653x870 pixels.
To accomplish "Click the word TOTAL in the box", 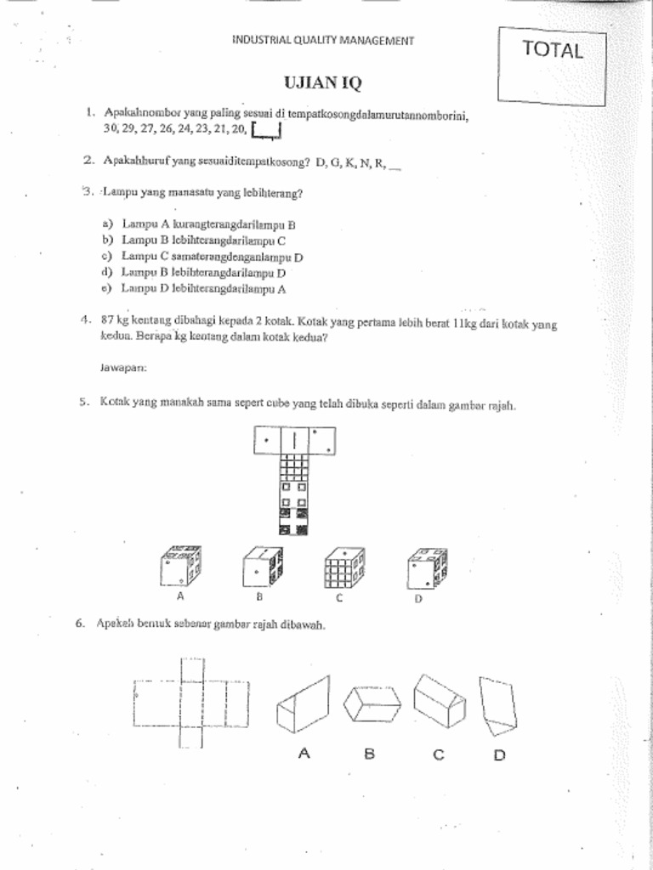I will coord(553,50).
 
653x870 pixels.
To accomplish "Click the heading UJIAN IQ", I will coord(322,83).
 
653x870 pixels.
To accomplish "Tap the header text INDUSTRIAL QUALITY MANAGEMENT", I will coord(323,40).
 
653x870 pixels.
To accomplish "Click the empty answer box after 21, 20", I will coord(267,130).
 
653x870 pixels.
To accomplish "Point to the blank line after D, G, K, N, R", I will coord(394,167).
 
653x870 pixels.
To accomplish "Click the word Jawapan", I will coord(123,368).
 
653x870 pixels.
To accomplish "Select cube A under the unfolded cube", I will coord(180,567).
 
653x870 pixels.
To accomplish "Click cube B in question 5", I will coord(262,567).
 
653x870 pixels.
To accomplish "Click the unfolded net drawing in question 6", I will coord(191,703).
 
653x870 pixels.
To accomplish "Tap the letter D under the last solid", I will coord(500,754).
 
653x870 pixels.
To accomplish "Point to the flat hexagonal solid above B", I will coord(372,703).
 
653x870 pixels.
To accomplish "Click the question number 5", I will coord(83,404).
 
